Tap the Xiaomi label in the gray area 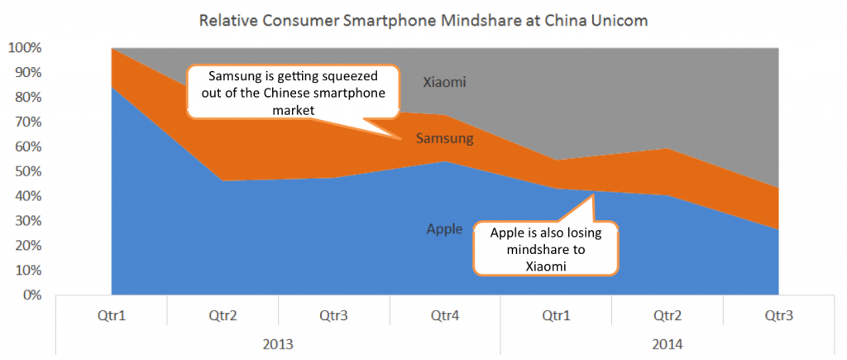(445, 82)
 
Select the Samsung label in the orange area (446, 138)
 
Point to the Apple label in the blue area (444, 229)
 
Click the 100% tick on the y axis (24, 48)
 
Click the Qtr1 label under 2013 (110, 315)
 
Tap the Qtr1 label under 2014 (556, 315)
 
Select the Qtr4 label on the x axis (444, 315)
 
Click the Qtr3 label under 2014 (778, 315)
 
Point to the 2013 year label (277, 343)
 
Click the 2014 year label (667, 343)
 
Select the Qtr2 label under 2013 (222, 315)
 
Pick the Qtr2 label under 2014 (667, 315)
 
